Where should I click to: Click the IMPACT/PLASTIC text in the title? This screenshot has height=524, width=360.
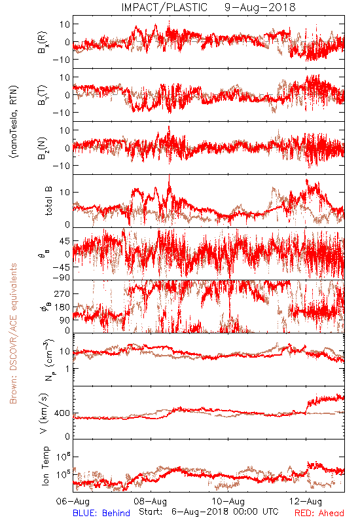pos(164,7)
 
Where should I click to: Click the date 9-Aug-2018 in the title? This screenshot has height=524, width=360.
pos(260,7)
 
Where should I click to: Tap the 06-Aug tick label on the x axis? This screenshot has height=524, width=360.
pos(73,501)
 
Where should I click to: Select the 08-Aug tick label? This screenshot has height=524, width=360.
pos(151,501)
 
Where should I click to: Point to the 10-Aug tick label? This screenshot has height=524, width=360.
pos(228,501)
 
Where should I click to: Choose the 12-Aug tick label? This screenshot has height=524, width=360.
pos(306,501)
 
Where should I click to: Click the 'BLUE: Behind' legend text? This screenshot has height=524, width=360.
pos(101,513)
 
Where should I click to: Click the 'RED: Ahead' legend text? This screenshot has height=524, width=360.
pos(319,513)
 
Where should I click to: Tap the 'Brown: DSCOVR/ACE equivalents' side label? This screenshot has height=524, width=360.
pos(13,333)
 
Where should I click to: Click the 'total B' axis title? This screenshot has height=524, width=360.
pos(48,201)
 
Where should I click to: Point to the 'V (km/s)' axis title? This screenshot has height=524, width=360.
pos(44,413)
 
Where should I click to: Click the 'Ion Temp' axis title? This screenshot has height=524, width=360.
pos(45,466)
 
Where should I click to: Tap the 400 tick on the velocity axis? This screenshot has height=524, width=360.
pos(62,413)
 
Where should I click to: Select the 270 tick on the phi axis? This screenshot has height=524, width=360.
pos(62,293)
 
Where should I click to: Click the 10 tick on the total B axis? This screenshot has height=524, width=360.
pos(65,193)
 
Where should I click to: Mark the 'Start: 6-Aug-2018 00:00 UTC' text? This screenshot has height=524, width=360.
pos(208,512)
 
